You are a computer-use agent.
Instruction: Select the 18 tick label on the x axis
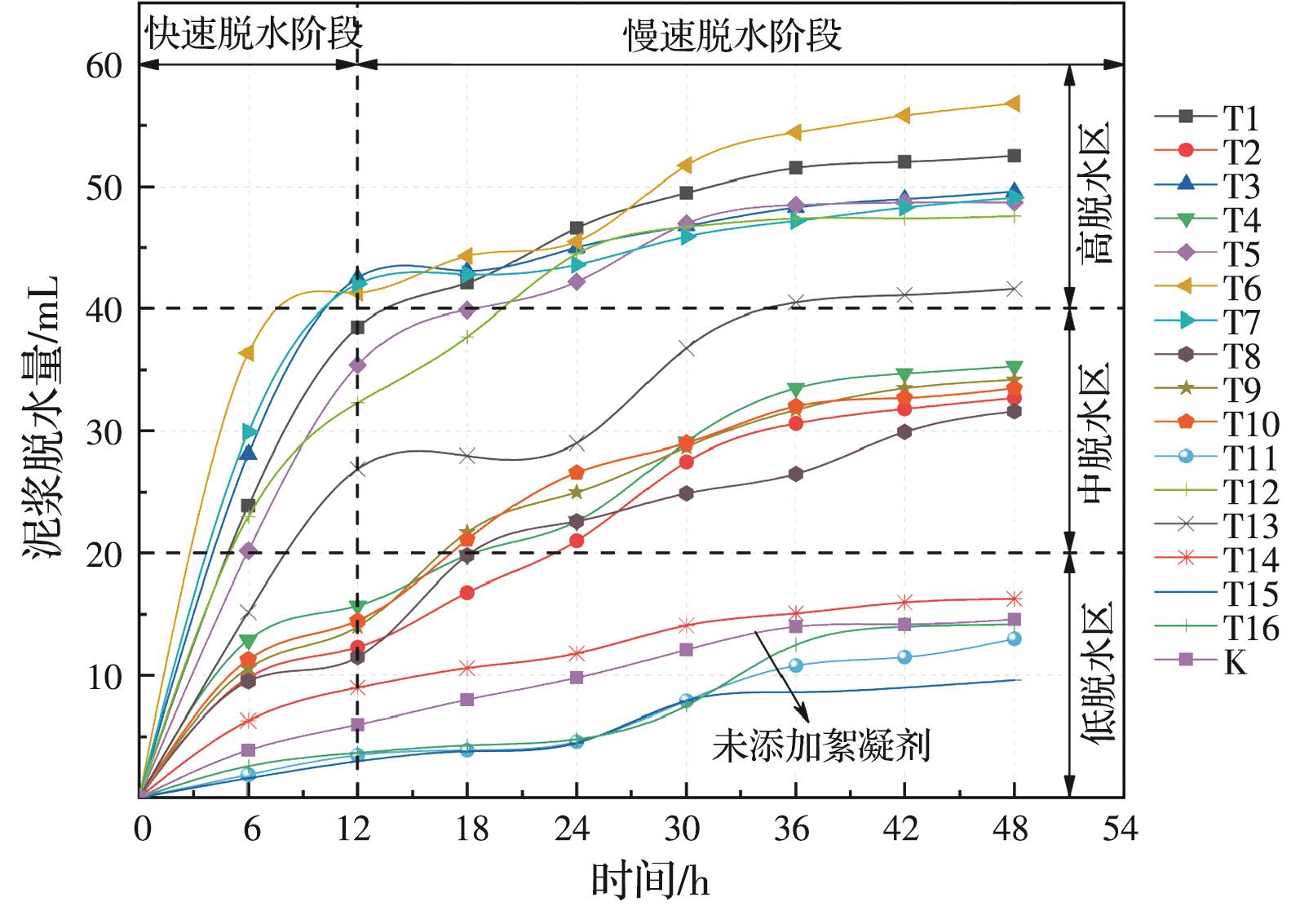tap(468, 830)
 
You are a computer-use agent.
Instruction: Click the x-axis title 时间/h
tap(649, 881)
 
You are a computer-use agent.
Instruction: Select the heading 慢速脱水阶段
tap(734, 35)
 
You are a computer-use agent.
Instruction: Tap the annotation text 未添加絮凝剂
tap(821, 747)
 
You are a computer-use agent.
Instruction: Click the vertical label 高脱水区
tap(1098, 192)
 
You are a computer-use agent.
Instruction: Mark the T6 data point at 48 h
tap(1014, 104)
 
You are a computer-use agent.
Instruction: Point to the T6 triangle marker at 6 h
tap(246, 353)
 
